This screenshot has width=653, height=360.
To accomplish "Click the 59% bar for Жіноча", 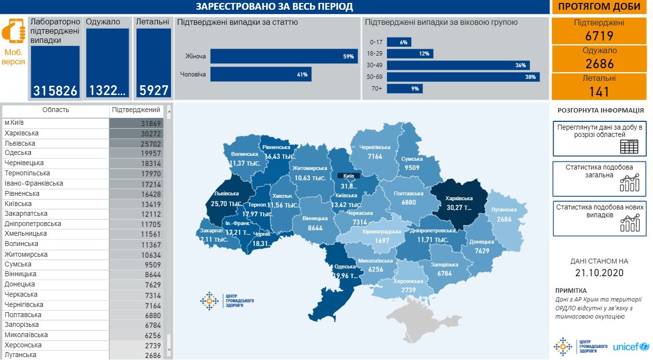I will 284,57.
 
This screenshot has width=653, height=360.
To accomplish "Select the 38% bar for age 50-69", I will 463,77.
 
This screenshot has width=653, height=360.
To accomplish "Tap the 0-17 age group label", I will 376,42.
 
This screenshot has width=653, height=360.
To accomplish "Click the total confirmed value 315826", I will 55,91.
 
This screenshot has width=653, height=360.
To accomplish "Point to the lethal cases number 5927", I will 154,91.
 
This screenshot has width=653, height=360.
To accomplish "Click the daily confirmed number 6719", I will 599,36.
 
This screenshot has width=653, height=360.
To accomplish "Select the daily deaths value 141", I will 599,91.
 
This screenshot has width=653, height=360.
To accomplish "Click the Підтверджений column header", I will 136,110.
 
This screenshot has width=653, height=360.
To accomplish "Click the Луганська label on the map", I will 504,209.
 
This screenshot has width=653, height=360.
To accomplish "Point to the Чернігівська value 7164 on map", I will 375,156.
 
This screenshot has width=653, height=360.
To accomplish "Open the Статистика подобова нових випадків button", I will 599,217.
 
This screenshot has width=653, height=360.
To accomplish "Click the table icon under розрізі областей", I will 629,147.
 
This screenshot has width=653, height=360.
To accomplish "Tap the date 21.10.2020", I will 599,273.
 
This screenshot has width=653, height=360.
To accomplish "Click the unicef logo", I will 631,347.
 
